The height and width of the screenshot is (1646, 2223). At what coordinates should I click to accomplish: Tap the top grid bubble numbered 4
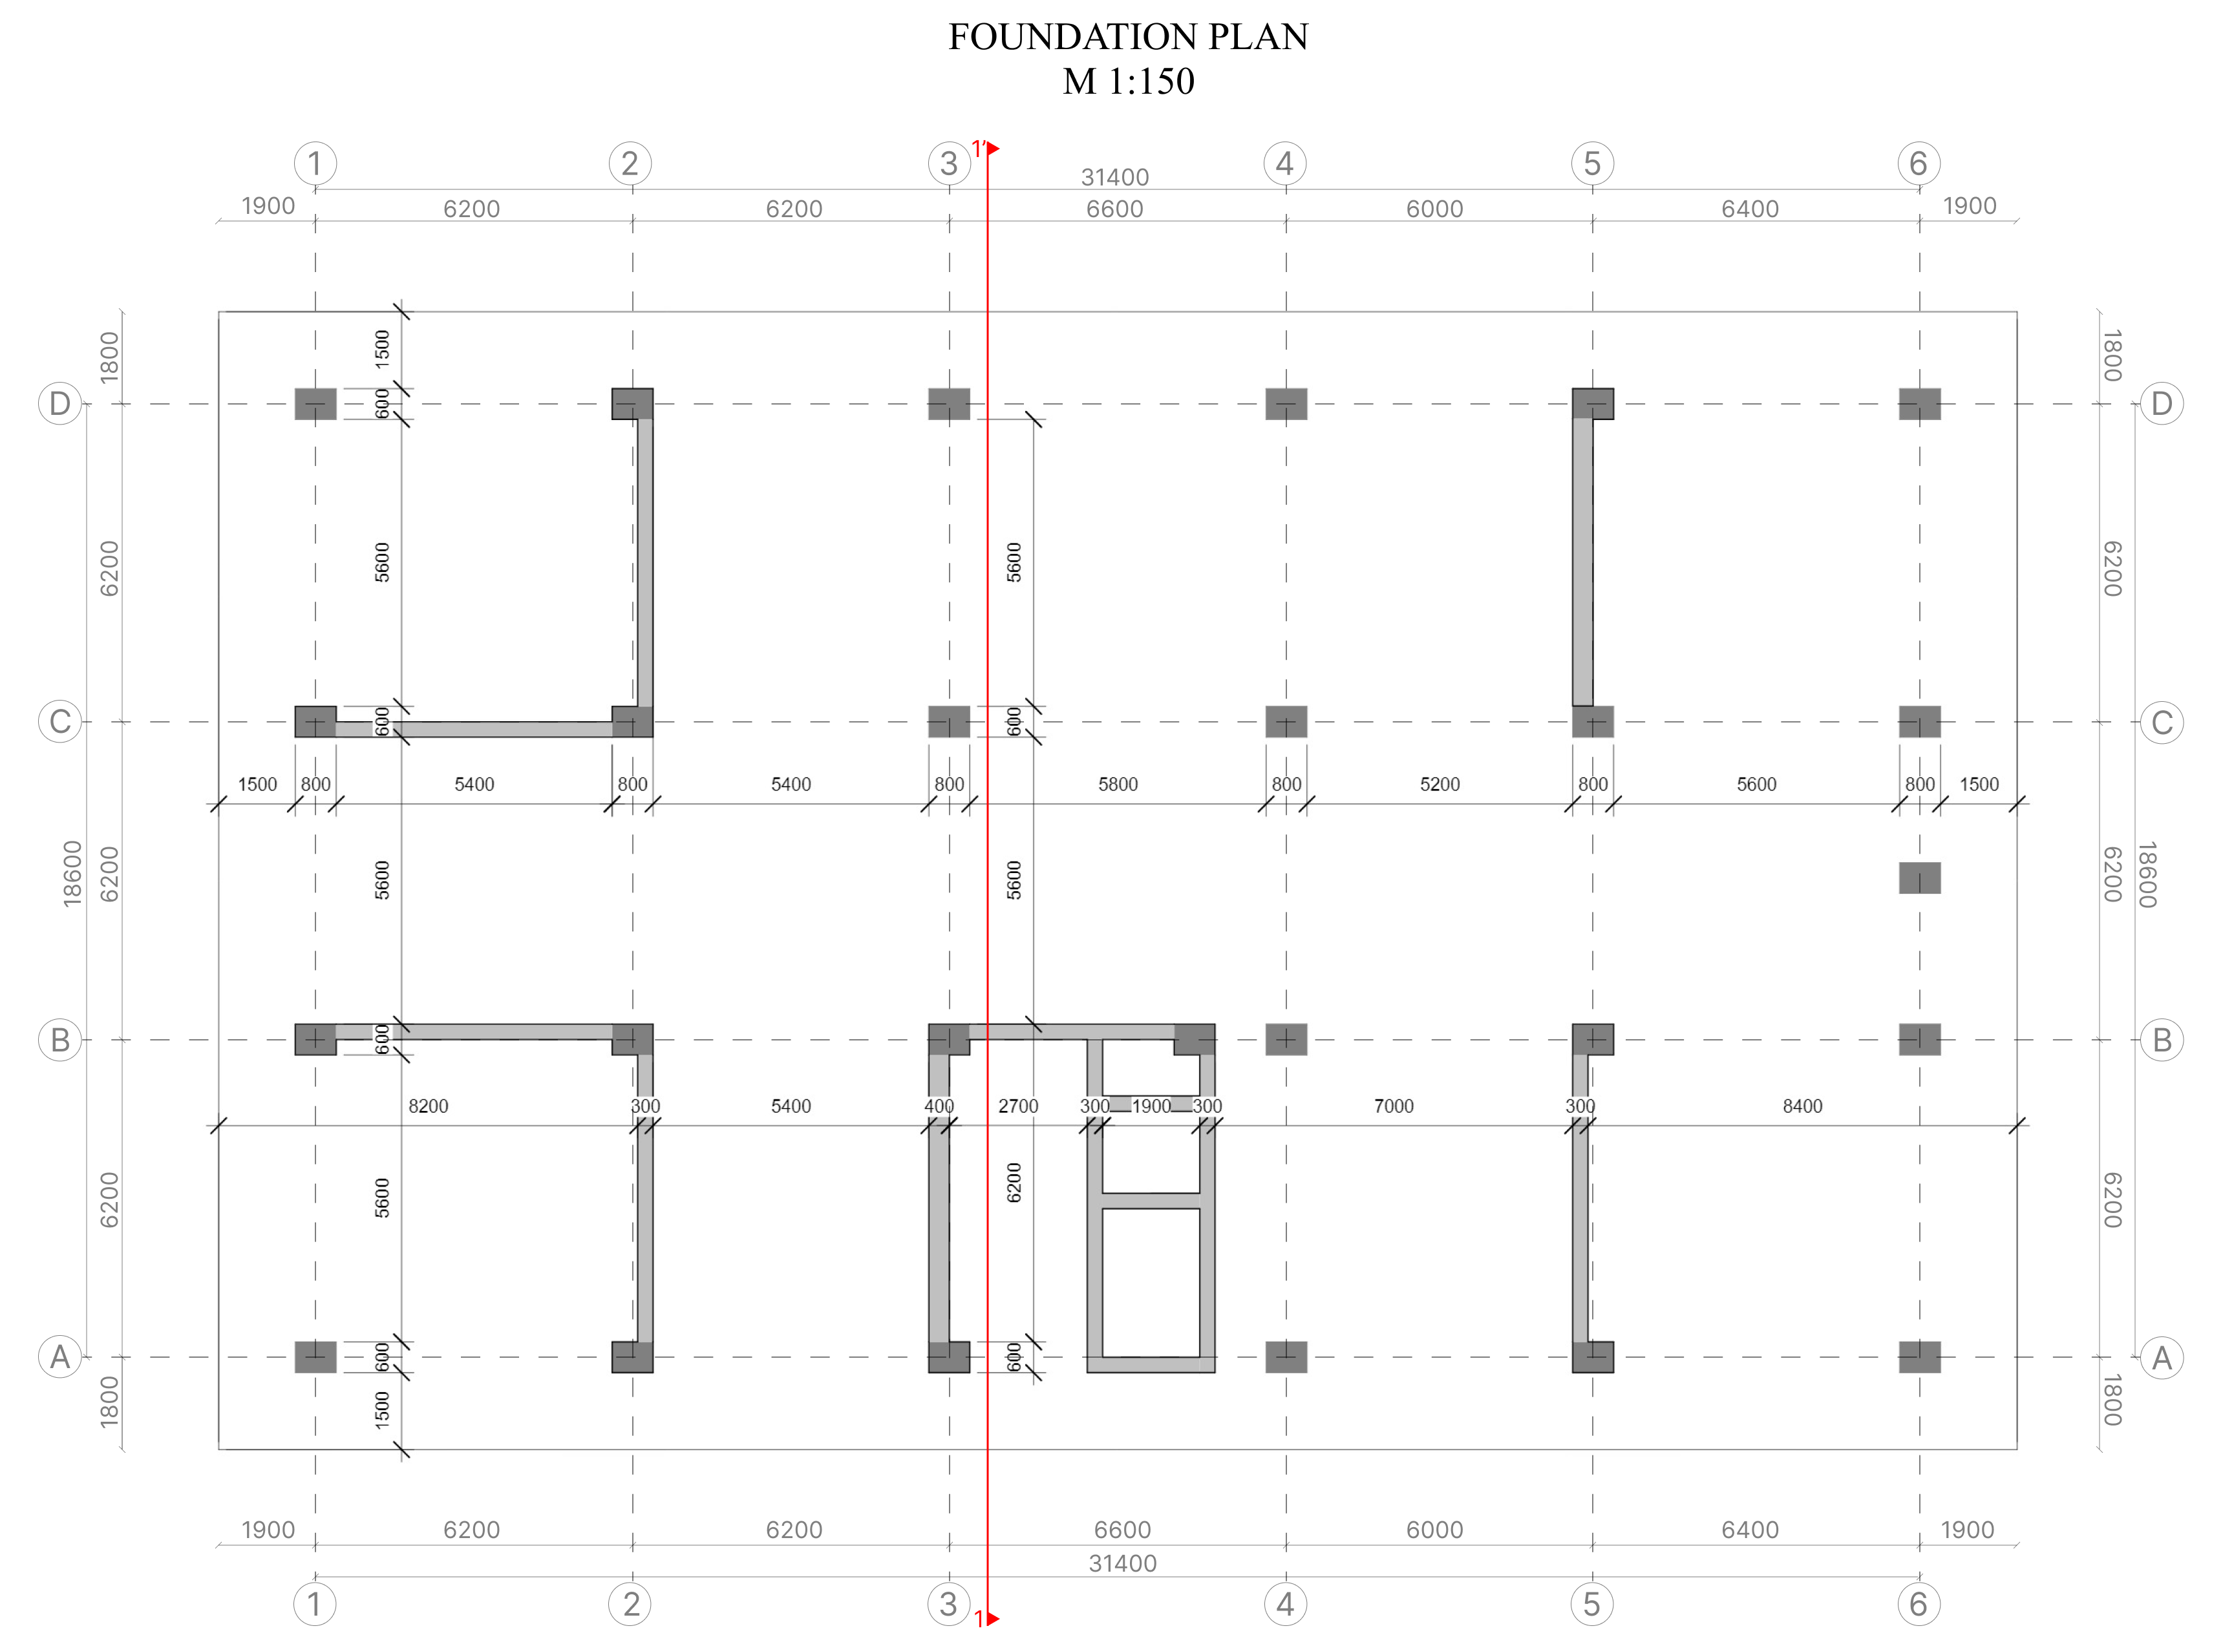pyautogui.click(x=1284, y=164)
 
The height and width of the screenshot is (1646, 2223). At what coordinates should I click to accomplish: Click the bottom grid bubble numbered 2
pyautogui.click(x=630, y=1603)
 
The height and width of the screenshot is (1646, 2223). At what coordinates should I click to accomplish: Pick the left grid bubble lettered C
pyautogui.click(x=59, y=721)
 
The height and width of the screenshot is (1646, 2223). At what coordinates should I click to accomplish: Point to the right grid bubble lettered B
pyautogui.click(x=2161, y=1039)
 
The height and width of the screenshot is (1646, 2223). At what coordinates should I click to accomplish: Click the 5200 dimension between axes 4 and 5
pyautogui.click(x=1439, y=784)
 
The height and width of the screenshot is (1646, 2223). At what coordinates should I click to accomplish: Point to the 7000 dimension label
pyautogui.click(x=1393, y=1106)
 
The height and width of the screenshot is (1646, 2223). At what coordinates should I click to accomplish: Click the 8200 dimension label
pyautogui.click(x=429, y=1106)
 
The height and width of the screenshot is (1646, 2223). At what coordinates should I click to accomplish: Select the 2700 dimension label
pyautogui.click(x=1017, y=1106)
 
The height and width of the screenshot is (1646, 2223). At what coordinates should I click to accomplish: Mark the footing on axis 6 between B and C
pyautogui.click(x=1919, y=878)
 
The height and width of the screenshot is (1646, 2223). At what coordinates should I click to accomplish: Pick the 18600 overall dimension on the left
pyautogui.click(x=72, y=874)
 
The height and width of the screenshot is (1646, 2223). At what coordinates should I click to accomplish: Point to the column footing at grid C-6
pyautogui.click(x=1919, y=721)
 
